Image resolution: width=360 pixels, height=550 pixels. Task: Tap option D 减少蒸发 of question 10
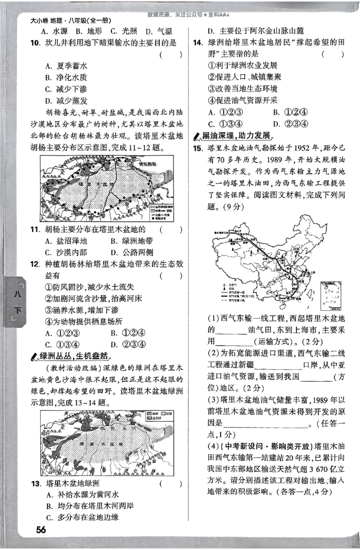(x=66, y=100)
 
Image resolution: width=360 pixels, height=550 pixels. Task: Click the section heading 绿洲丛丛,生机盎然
(x=73, y=356)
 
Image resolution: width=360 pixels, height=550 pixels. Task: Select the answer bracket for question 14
(x=333, y=54)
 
